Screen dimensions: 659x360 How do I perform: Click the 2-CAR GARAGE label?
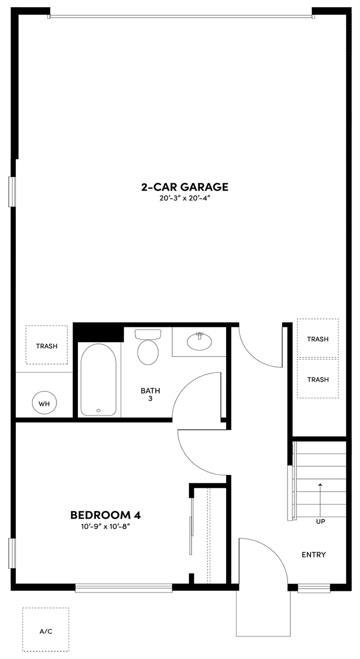click(x=184, y=187)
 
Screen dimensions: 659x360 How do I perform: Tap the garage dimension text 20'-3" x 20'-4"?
click(x=184, y=198)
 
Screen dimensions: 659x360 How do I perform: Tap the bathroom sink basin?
click(x=199, y=342)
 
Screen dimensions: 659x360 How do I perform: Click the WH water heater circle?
click(x=44, y=404)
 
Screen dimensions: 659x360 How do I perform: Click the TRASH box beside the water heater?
click(x=47, y=345)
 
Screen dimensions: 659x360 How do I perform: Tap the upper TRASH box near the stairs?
click(x=318, y=338)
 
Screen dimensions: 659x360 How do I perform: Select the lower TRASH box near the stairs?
click(x=318, y=379)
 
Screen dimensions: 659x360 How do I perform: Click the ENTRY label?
click(x=314, y=555)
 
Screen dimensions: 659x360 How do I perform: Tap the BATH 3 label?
click(x=150, y=395)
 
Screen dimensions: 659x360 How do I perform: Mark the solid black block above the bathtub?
click(x=98, y=332)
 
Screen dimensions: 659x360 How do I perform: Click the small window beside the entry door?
click(x=314, y=588)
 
